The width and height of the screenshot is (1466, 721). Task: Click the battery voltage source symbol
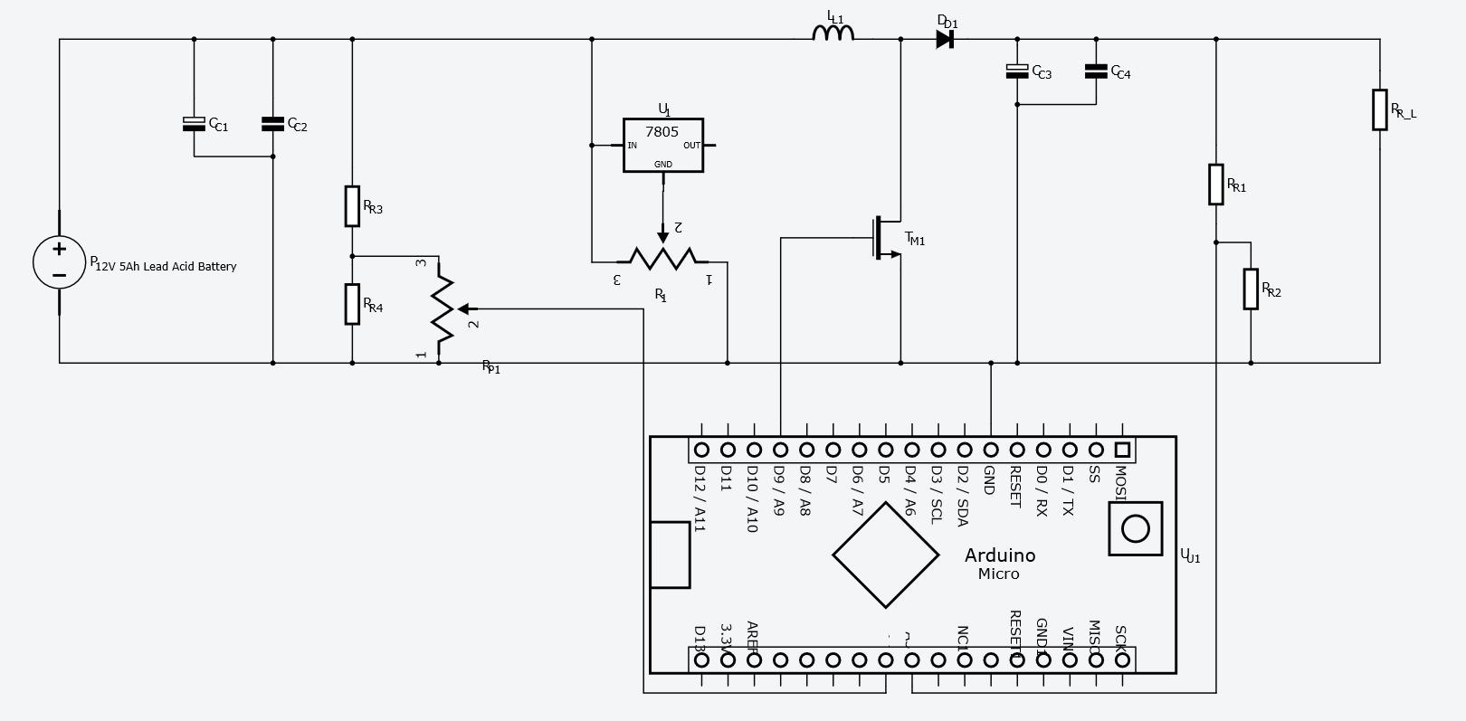tap(60, 262)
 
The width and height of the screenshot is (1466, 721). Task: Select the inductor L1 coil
tap(833, 34)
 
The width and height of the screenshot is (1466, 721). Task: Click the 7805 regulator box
tap(662, 145)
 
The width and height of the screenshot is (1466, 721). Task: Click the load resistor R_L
tap(1379, 109)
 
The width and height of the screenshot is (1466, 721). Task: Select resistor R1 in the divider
tap(1216, 185)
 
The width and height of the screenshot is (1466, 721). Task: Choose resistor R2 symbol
tap(1251, 289)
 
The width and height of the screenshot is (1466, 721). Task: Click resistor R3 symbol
tap(352, 206)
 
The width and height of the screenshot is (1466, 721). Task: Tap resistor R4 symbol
tap(352, 304)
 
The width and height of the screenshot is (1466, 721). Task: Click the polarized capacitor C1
tap(194, 124)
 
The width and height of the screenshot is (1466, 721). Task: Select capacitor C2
tap(272, 124)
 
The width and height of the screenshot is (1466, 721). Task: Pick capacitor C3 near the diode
tap(1017, 71)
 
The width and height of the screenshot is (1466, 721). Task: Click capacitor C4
tap(1096, 71)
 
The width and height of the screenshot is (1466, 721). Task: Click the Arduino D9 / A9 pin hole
tap(780, 450)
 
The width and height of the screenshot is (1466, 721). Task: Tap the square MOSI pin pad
tap(1122, 450)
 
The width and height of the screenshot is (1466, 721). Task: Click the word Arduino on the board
tap(999, 555)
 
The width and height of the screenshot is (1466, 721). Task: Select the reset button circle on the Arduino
tap(1135, 529)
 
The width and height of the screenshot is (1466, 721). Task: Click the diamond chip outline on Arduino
tap(885, 555)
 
